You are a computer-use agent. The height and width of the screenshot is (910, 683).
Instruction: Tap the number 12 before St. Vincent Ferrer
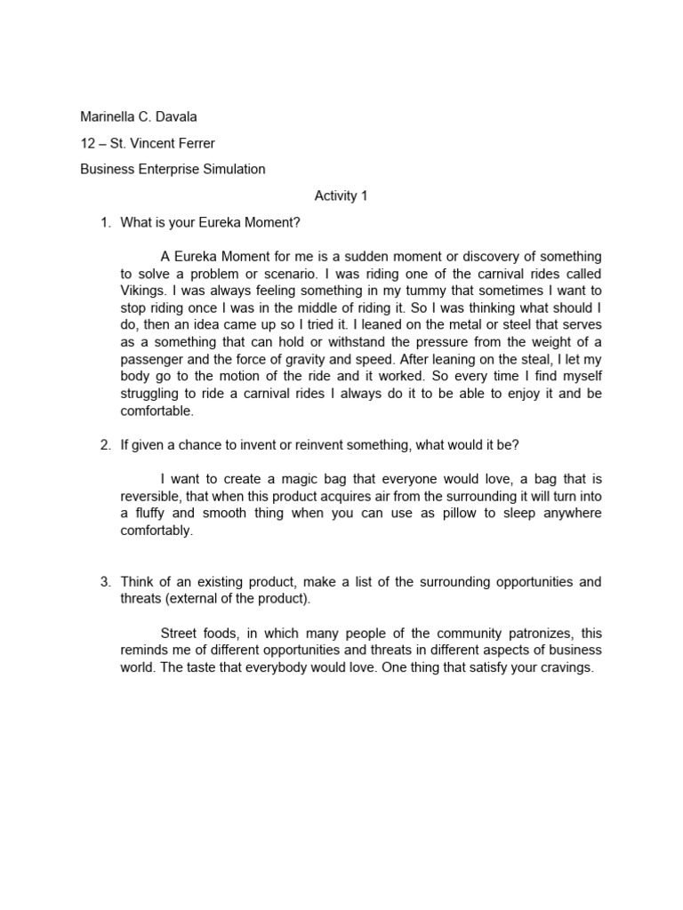click(x=88, y=143)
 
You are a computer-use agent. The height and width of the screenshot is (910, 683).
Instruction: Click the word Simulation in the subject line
click(x=233, y=169)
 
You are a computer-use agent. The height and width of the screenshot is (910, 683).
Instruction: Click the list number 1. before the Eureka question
click(x=105, y=222)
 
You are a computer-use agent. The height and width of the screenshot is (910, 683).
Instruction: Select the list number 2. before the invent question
click(x=105, y=444)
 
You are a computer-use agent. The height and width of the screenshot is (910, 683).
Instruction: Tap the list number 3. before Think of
click(x=105, y=582)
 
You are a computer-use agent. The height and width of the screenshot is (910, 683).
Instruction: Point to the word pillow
click(x=425, y=514)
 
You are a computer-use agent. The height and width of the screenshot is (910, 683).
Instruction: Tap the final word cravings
click(x=565, y=667)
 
